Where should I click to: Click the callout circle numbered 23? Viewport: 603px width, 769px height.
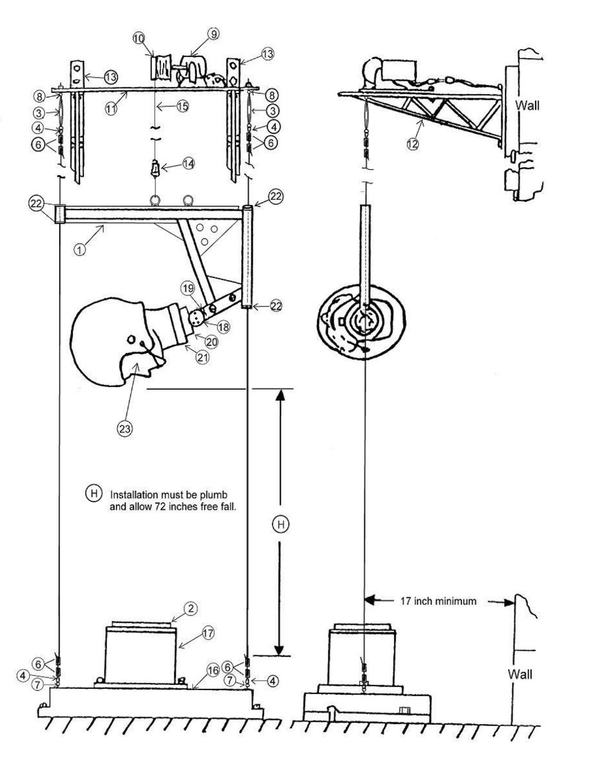(x=124, y=429)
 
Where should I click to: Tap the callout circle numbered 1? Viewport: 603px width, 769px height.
(x=80, y=249)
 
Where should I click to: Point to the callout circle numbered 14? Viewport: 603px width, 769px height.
(x=189, y=163)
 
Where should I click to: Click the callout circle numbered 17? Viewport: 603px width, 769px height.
(x=208, y=633)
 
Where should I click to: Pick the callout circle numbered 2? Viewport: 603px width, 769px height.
(x=191, y=609)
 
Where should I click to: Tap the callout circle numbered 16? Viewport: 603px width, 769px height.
(x=213, y=671)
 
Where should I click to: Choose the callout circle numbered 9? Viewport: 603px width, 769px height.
(x=213, y=33)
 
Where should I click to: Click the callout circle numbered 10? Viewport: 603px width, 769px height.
(x=139, y=38)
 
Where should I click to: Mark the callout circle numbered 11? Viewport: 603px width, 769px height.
(x=111, y=109)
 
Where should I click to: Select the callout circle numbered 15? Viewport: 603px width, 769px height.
(x=182, y=106)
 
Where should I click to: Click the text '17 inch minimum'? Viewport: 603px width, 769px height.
(x=438, y=601)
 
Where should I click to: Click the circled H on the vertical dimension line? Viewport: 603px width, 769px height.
(x=281, y=524)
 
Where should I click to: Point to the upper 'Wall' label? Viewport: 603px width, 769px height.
(x=527, y=105)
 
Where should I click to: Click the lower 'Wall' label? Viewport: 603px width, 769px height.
(x=520, y=674)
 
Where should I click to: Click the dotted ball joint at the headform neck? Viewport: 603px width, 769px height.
(x=196, y=317)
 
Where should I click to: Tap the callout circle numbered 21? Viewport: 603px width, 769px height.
(x=203, y=358)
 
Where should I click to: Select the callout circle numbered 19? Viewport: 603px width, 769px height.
(x=188, y=288)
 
